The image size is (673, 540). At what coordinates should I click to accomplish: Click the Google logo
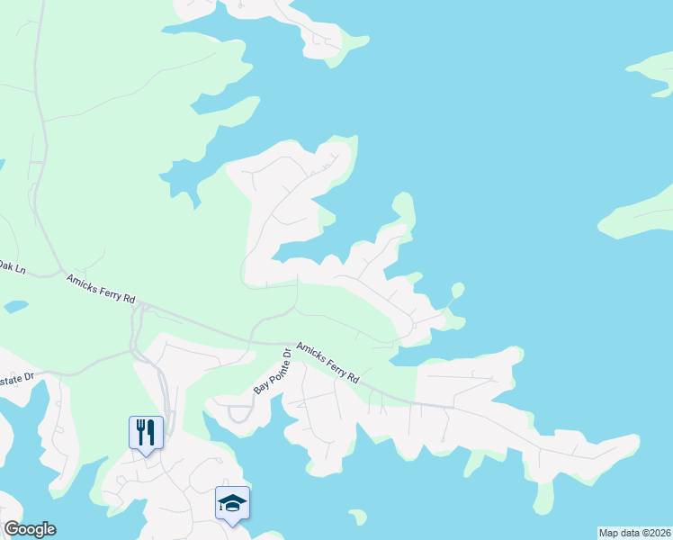tap(30, 529)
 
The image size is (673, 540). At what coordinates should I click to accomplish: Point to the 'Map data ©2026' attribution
tap(633, 533)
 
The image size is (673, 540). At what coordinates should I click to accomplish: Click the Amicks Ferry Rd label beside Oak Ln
tap(100, 288)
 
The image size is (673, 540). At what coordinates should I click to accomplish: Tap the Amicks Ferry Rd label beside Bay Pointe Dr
tap(328, 361)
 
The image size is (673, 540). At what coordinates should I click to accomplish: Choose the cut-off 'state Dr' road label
tap(15, 379)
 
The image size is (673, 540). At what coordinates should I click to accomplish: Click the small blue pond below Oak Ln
tap(14, 307)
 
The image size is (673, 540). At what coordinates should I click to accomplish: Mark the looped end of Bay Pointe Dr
tap(239, 414)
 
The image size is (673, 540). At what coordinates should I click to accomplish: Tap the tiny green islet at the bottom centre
tap(358, 517)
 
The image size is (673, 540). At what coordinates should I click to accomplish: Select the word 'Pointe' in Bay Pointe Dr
tap(273, 371)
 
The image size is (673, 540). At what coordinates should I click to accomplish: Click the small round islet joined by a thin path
tap(457, 290)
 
